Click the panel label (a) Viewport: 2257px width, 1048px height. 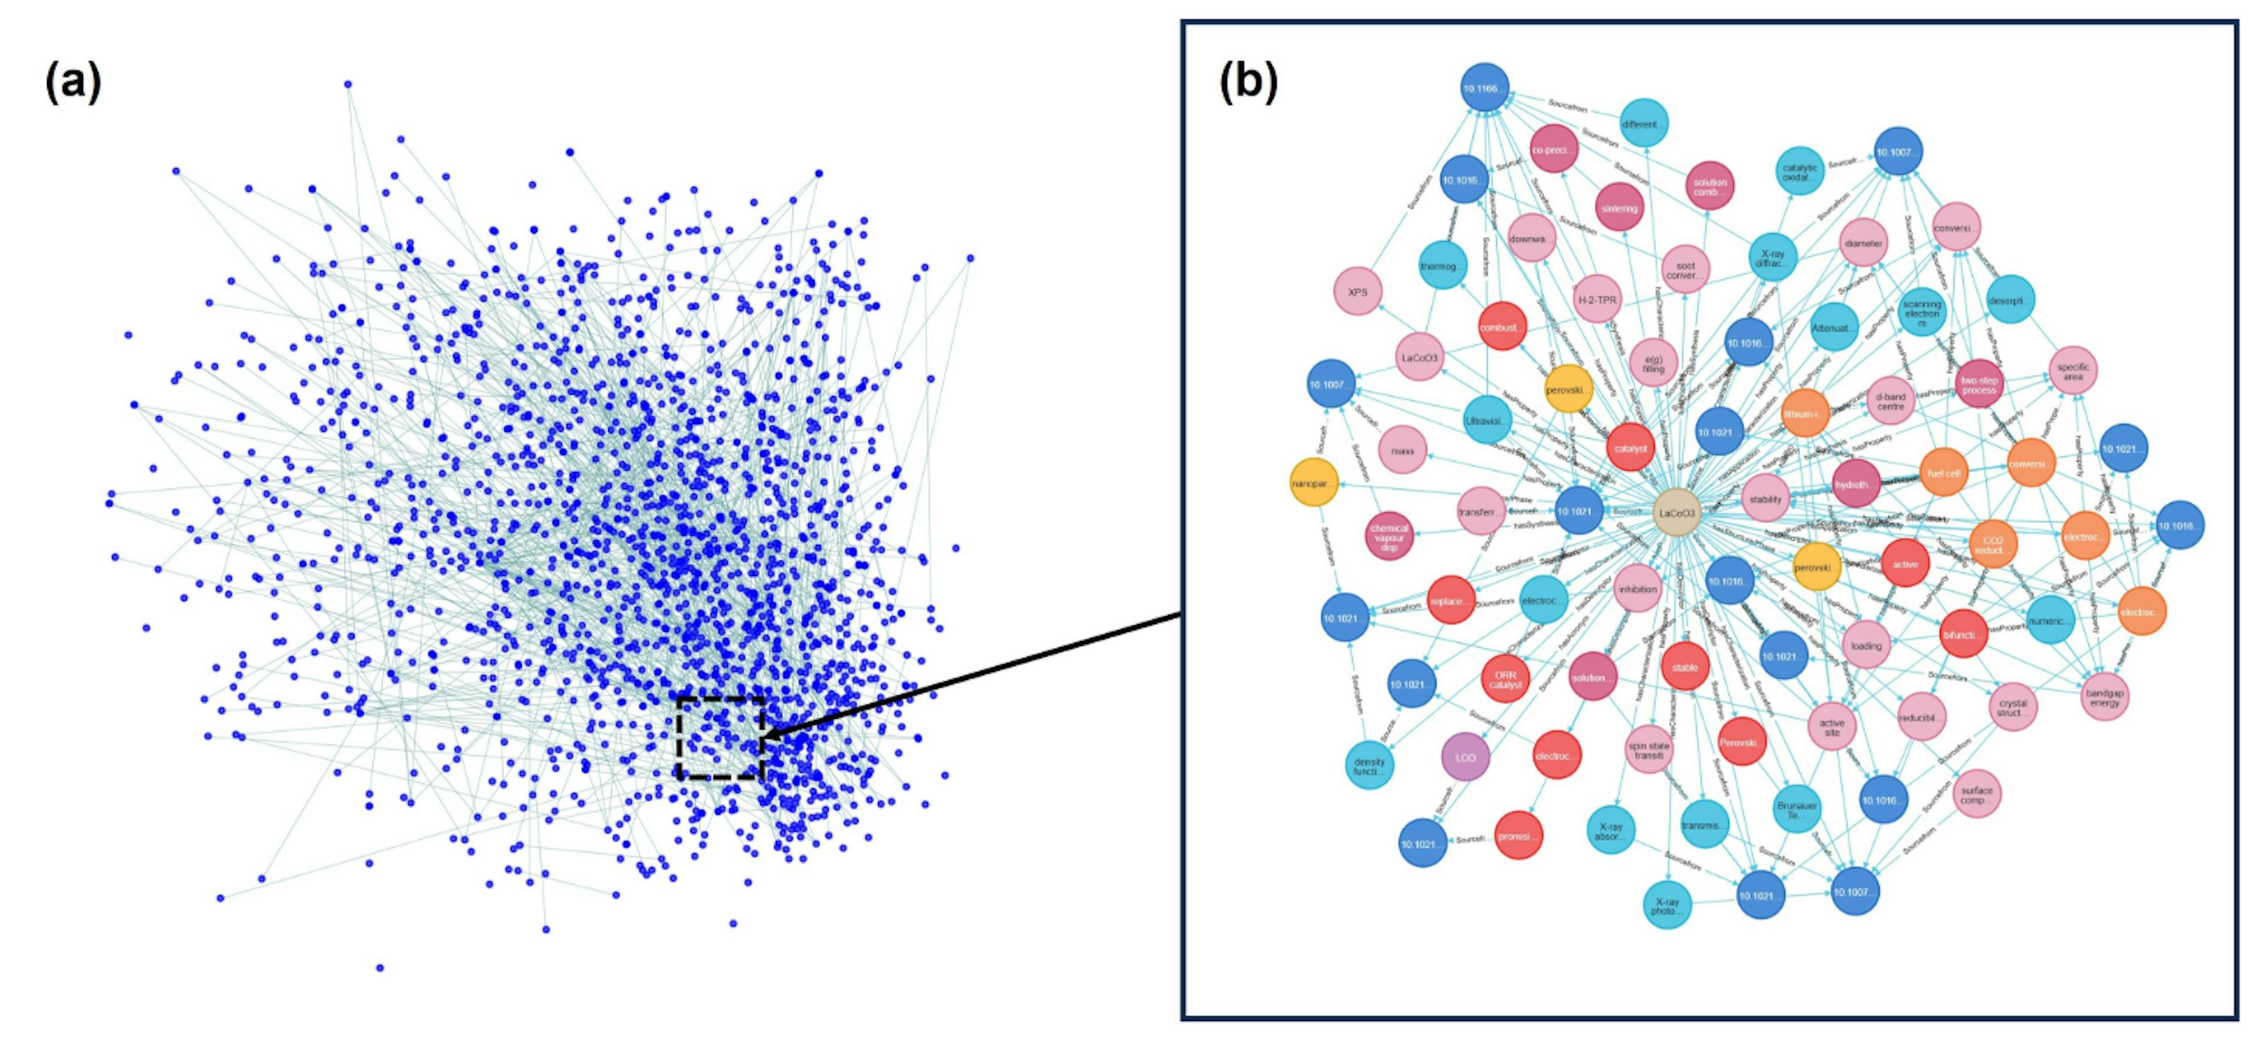[x=73, y=84]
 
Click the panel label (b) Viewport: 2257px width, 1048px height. [x=1248, y=84]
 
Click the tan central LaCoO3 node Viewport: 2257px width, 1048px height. [x=1676, y=514]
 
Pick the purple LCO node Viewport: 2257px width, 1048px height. [x=1465, y=757]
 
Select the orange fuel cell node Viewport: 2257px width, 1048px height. [x=1943, y=473]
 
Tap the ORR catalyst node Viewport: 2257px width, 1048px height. [x=1505, y=679]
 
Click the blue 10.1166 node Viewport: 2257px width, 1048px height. [x=1484, y=88]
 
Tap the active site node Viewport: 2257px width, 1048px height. [x=1832, y=727]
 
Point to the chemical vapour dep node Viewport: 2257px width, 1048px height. [x=1389, y=536]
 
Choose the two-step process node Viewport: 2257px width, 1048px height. [x=1979, y=384]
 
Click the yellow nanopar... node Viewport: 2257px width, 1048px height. [x=1314, y=483]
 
